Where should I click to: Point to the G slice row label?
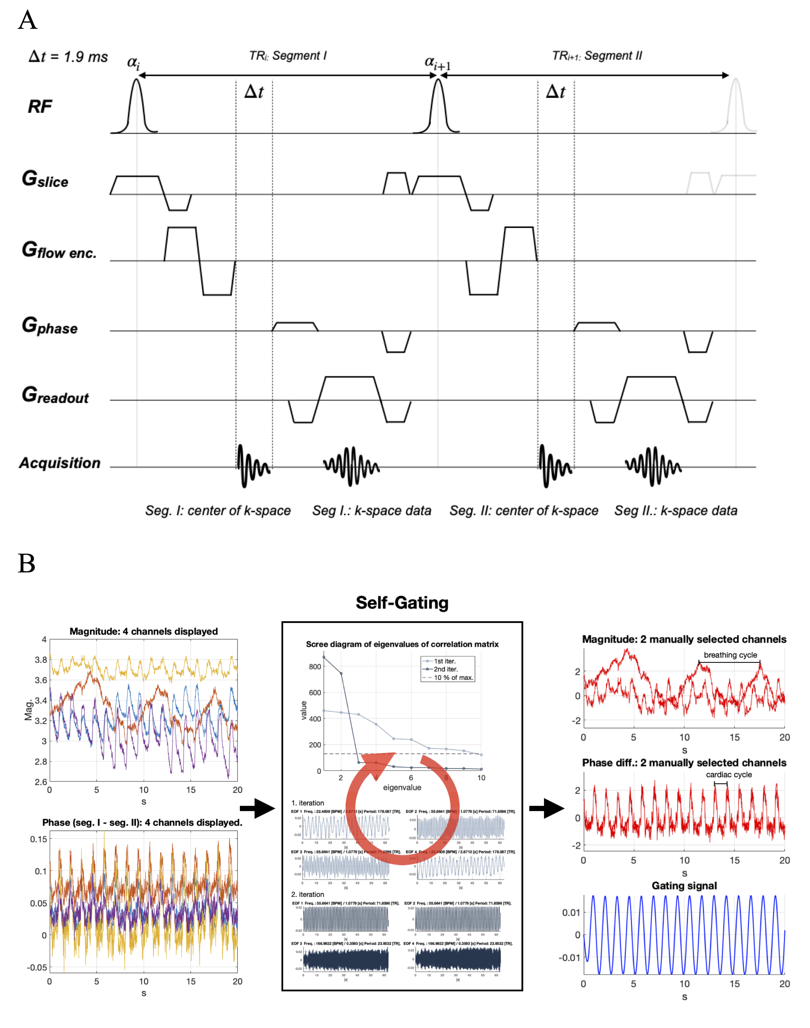click(x=45, y=179)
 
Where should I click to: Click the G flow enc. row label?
click(x=59, y=250)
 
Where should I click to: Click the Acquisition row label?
click(x=60, y=463)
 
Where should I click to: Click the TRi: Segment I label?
click(x=288, y=56)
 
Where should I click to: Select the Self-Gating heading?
click(x=402, y=603)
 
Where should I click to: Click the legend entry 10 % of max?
click(x=453, y=677)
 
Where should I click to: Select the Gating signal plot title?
click(x=684, y=886)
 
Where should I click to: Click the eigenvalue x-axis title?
click(x=402, y=788)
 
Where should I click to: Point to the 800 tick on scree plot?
click(x=315, y=666)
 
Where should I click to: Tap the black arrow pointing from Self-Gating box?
click(x=546, y=808)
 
